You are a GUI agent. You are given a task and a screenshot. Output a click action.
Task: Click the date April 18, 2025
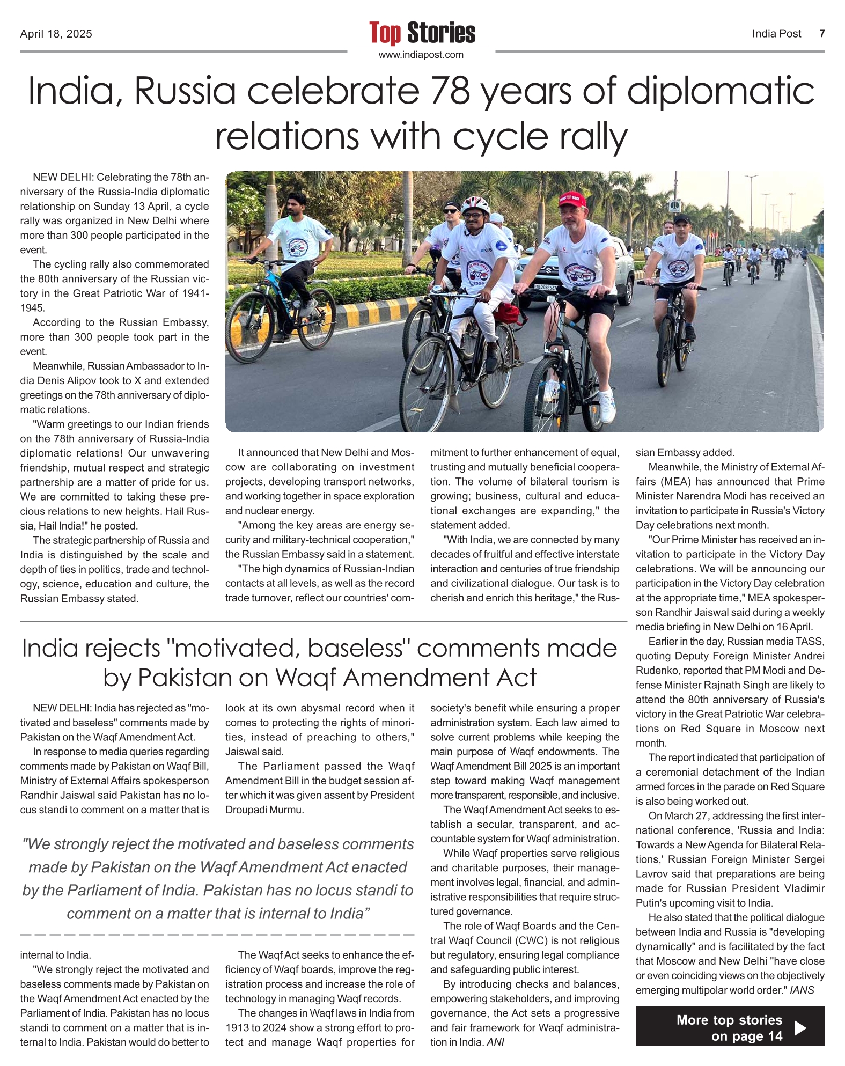coord(56,34)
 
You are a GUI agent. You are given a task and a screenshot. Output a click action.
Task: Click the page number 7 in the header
coord(821,34)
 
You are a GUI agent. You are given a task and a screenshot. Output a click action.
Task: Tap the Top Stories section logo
coord(422,33)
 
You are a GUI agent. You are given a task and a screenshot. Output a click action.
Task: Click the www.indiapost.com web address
coord(421,55)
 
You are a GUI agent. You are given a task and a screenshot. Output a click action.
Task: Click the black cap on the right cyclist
coord(682,219)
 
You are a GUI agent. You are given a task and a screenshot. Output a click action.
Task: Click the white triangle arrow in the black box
coord(800,1027)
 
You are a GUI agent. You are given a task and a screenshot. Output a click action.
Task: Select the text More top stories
coord(729,1020)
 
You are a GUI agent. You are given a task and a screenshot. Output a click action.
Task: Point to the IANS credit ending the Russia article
coord(802,990)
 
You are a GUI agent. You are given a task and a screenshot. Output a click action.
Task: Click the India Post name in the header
coord(776,34)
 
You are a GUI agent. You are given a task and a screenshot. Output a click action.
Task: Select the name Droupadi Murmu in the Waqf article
coord(264,810)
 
